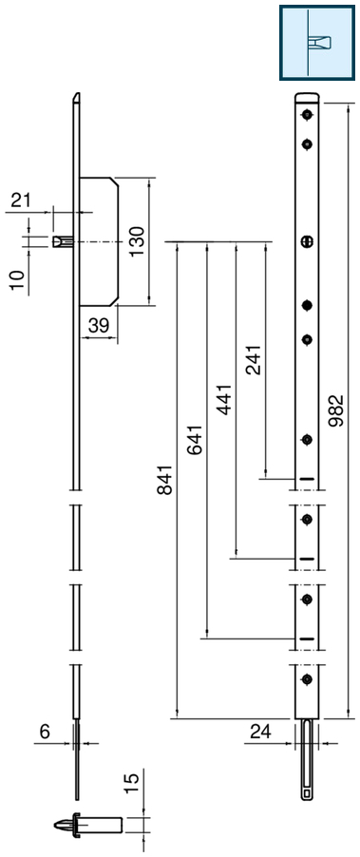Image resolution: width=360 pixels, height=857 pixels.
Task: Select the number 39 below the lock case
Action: (98, 326)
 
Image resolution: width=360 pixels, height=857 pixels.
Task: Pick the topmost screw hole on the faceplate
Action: (307, 115)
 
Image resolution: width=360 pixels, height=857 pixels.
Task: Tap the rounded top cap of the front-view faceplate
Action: (307, 97)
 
